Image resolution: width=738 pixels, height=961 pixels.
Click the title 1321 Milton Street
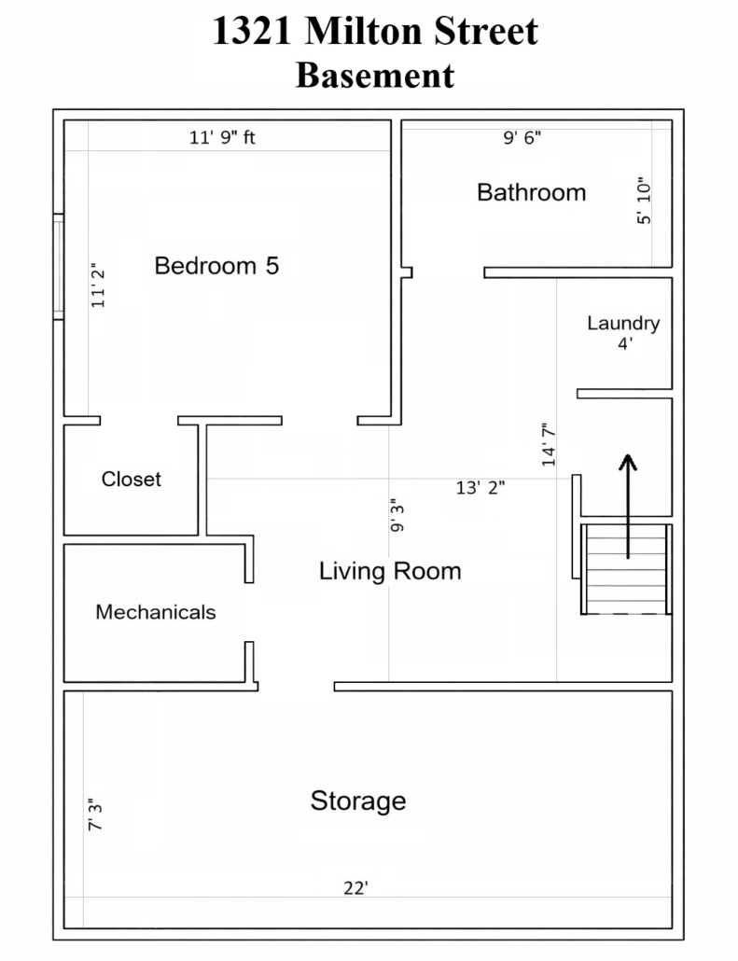pos(375,31)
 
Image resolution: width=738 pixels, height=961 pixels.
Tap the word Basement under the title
pos(375,76)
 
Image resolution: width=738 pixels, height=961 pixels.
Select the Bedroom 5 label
pos(216,265)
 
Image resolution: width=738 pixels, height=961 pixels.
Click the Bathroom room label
pos(532,192)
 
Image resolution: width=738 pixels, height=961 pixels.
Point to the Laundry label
pos(623,324)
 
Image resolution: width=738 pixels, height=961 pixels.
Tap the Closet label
pos(132,479)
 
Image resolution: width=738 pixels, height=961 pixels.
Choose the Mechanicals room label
pos(156,612)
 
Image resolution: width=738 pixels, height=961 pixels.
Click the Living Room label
pos(390,571)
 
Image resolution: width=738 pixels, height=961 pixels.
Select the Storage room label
pos(358,801)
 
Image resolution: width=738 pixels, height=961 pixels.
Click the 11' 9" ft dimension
pos(222,137)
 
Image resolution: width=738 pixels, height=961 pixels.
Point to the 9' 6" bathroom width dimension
pos(522,137)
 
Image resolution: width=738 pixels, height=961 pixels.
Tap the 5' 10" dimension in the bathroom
pos(643,201)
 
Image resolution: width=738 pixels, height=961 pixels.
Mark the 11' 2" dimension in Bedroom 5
pos(97,286)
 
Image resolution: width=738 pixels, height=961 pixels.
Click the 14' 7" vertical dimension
pos(548,444)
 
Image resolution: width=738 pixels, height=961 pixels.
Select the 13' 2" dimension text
pos(480,488)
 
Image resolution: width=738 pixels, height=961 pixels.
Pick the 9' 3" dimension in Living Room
pos(397,515)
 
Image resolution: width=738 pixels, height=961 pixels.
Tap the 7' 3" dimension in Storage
pos(95,815)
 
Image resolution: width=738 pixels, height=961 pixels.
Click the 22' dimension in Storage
pos(355,888)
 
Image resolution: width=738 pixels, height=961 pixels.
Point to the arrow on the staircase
pos(627,507)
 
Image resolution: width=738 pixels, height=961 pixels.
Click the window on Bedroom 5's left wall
pos(58,267)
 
